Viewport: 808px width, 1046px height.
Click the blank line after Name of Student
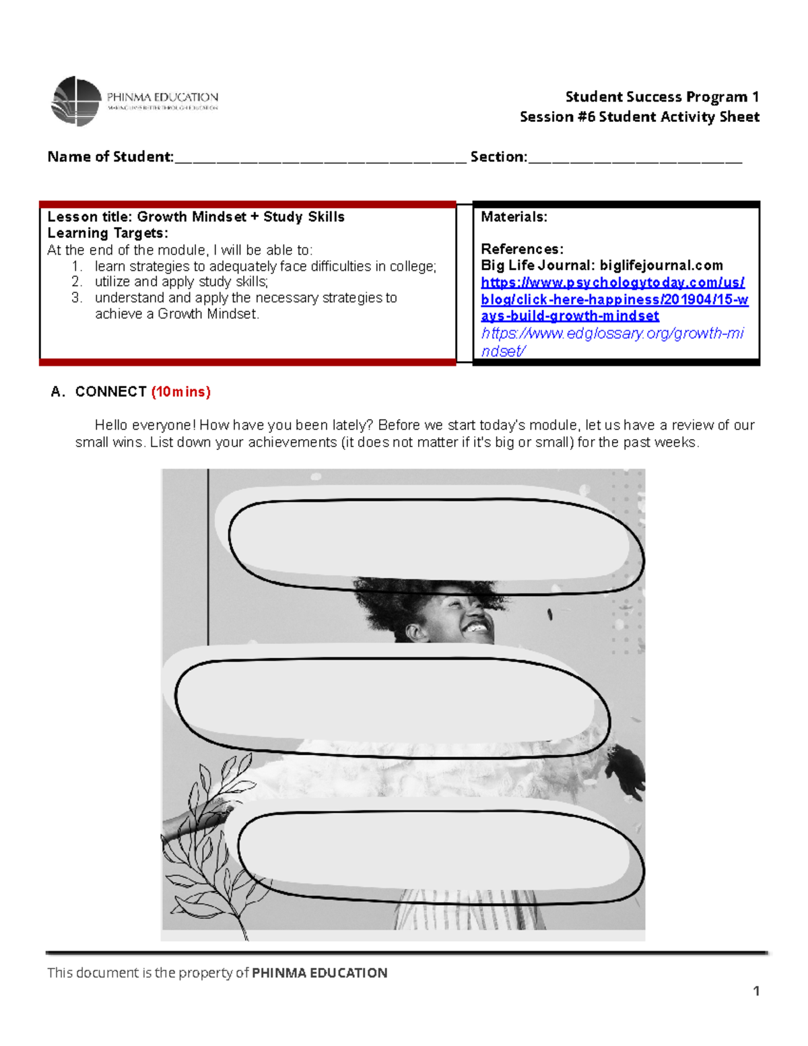pos(320,159)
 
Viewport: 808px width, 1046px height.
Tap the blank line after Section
pos(634,159)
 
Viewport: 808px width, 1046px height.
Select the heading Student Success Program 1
pos(662,97)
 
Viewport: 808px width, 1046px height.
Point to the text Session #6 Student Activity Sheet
pos(639,117)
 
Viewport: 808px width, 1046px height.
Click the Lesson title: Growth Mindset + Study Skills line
pos(196,217)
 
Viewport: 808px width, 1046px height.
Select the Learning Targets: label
pos(108,233)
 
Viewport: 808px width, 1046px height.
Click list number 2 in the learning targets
pos(77,282)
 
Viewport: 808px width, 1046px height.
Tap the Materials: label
pos(514,217)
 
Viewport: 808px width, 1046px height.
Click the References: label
pos(522,249)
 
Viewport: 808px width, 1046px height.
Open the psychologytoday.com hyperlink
pos(613,299)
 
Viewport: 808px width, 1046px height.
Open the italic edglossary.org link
pos(612,341)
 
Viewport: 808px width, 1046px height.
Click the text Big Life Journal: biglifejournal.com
pos(601,265)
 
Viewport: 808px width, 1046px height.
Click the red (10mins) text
pos(180,392)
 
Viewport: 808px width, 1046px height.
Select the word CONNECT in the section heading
pos(111,392)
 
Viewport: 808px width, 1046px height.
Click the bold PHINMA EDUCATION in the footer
pos(319,973)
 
